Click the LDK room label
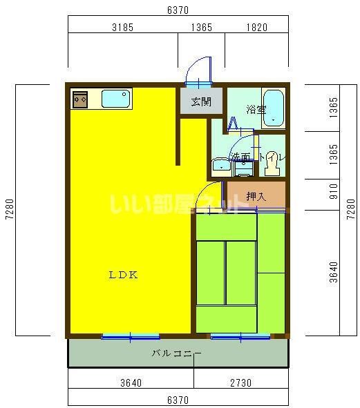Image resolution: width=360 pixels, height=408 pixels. click(124, 274)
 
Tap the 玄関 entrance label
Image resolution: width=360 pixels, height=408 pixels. click(201, 102)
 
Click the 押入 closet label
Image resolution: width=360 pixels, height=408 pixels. click(256, 196)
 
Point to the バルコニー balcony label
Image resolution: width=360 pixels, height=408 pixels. click(177, 353)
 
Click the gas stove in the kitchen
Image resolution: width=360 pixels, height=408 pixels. click(79, 99)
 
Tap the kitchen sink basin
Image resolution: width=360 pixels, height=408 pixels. click(116, 99)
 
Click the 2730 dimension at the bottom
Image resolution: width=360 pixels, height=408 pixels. click(240, 382)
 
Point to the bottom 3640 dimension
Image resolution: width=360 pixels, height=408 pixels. click(131, 382)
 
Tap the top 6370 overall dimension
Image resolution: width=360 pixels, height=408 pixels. click(178, 10)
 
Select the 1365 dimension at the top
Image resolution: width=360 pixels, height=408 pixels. click(201, 28)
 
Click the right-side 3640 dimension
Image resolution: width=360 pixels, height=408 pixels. click(334, 272)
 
